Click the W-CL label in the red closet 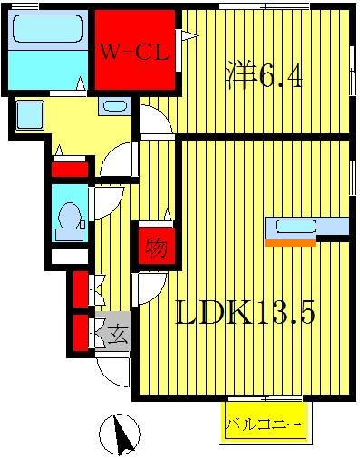click(133, 53)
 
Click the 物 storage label click(155, 247)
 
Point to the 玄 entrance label click(118, 335)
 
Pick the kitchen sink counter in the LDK click(296, 228)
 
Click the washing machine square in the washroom click(31, 115)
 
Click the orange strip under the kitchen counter click(289, 242)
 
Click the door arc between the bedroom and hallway click(151, 120)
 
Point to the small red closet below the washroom click(69, 168)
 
